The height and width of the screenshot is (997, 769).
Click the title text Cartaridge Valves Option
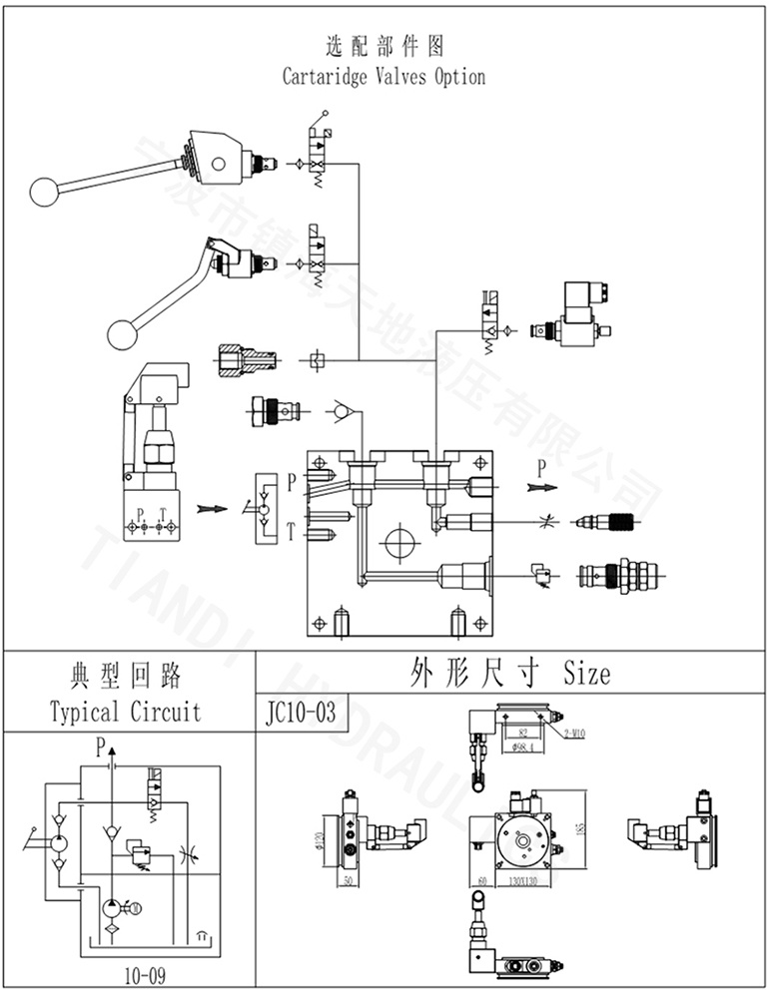click(384, 77)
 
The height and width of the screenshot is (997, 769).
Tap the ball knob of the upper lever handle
click(44, 191)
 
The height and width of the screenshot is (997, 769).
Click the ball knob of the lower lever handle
click(122, 333)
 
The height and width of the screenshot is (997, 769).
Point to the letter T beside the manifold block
click(291, 531)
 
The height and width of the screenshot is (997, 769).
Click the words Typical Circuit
click(126, 712)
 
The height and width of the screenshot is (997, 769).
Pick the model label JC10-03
click(295, 713)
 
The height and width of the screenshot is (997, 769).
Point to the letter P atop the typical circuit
click(99, 746)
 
